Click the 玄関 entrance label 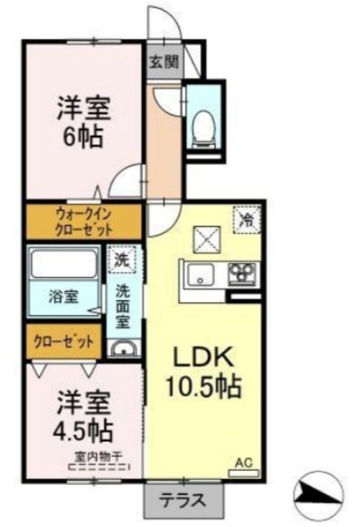click(164, 62)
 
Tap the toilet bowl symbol click(204, 129)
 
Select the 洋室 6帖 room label click(84, 122)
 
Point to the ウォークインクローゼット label click(84, 222)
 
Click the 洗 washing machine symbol click(122, 260)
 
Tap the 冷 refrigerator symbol click(248, 220)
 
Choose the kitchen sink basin click(201, 275)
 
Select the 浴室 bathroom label click(64, 296)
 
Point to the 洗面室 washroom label click(122, 306)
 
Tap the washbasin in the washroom click(124, 349)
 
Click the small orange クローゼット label click(64, 342)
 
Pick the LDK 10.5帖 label click(203, 372)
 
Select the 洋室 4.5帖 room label click(83, 416)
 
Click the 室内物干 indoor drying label click(100, 457)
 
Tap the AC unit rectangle click(244, 474)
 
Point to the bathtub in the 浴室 click(64, 264)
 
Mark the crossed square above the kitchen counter click(206, 239)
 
